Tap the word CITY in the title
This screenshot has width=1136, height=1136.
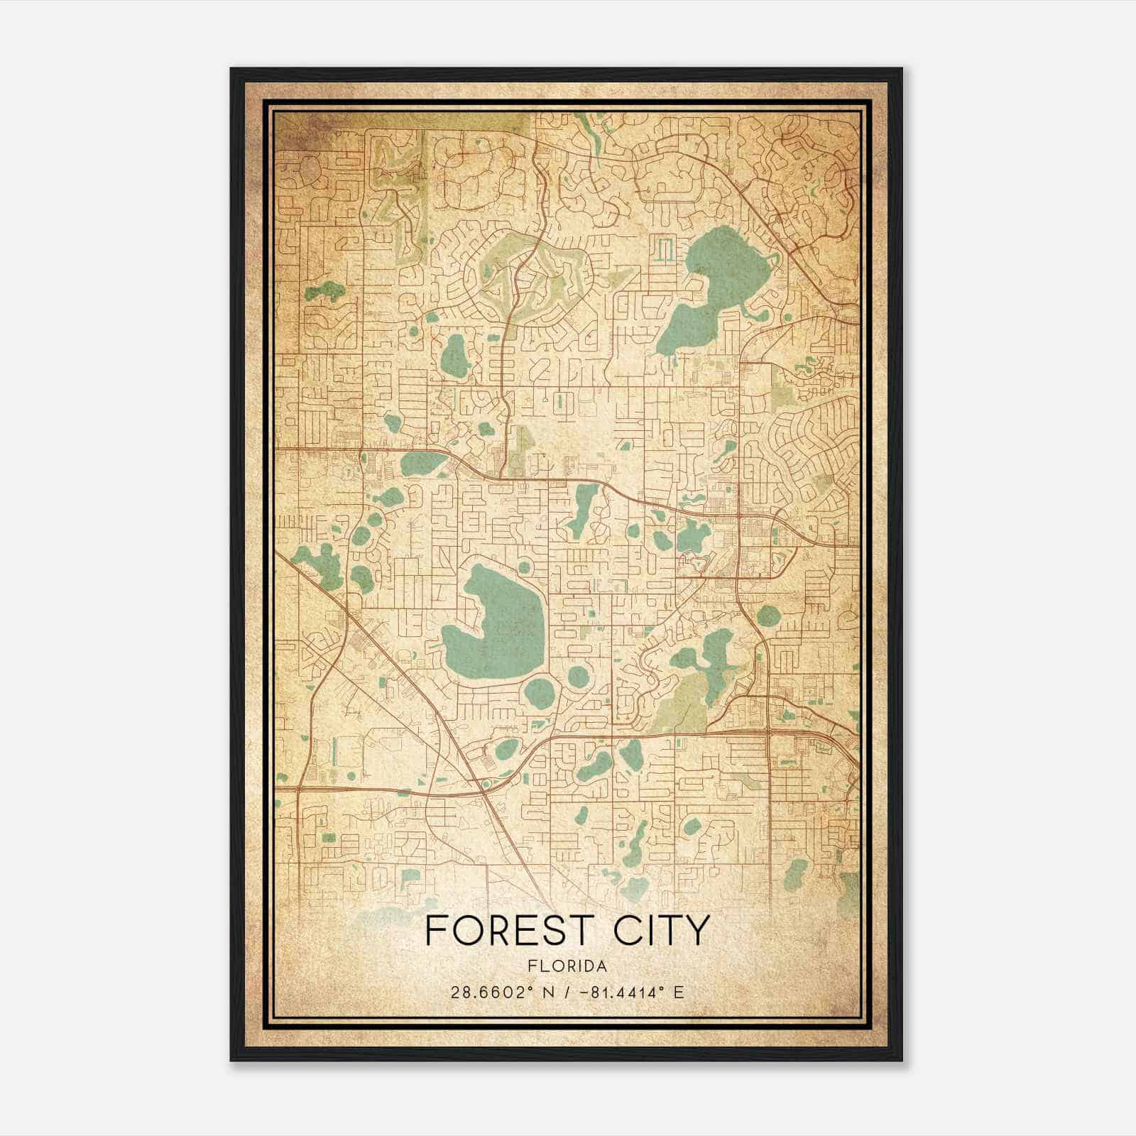[662, 930]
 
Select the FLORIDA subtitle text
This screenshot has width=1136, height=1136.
[567, 966]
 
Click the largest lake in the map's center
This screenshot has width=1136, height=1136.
[497, 625]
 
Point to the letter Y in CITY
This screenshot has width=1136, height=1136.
[697, 930]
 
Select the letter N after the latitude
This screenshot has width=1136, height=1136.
[547, 992]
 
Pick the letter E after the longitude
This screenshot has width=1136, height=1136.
[679, 992]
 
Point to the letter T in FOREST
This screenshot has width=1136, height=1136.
[591, 930]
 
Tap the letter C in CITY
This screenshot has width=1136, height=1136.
[628, 930]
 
